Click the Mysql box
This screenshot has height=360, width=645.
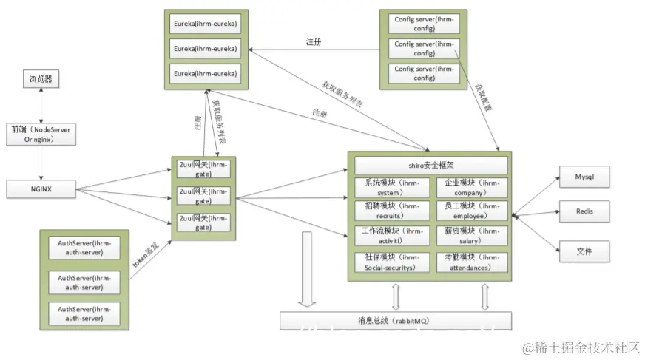(584, 178)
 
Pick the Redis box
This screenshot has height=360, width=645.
(584, 212)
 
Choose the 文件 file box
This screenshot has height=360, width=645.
(584, 252)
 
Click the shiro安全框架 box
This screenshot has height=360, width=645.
(431, 166)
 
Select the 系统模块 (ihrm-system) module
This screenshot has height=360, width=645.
(391, 188)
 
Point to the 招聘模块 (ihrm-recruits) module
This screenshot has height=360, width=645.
(391, 211)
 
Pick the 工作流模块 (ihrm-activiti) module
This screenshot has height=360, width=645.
(391, 236)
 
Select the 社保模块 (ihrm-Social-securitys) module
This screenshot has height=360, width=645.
(391, 262)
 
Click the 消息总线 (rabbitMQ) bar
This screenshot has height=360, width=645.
(396, 321)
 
